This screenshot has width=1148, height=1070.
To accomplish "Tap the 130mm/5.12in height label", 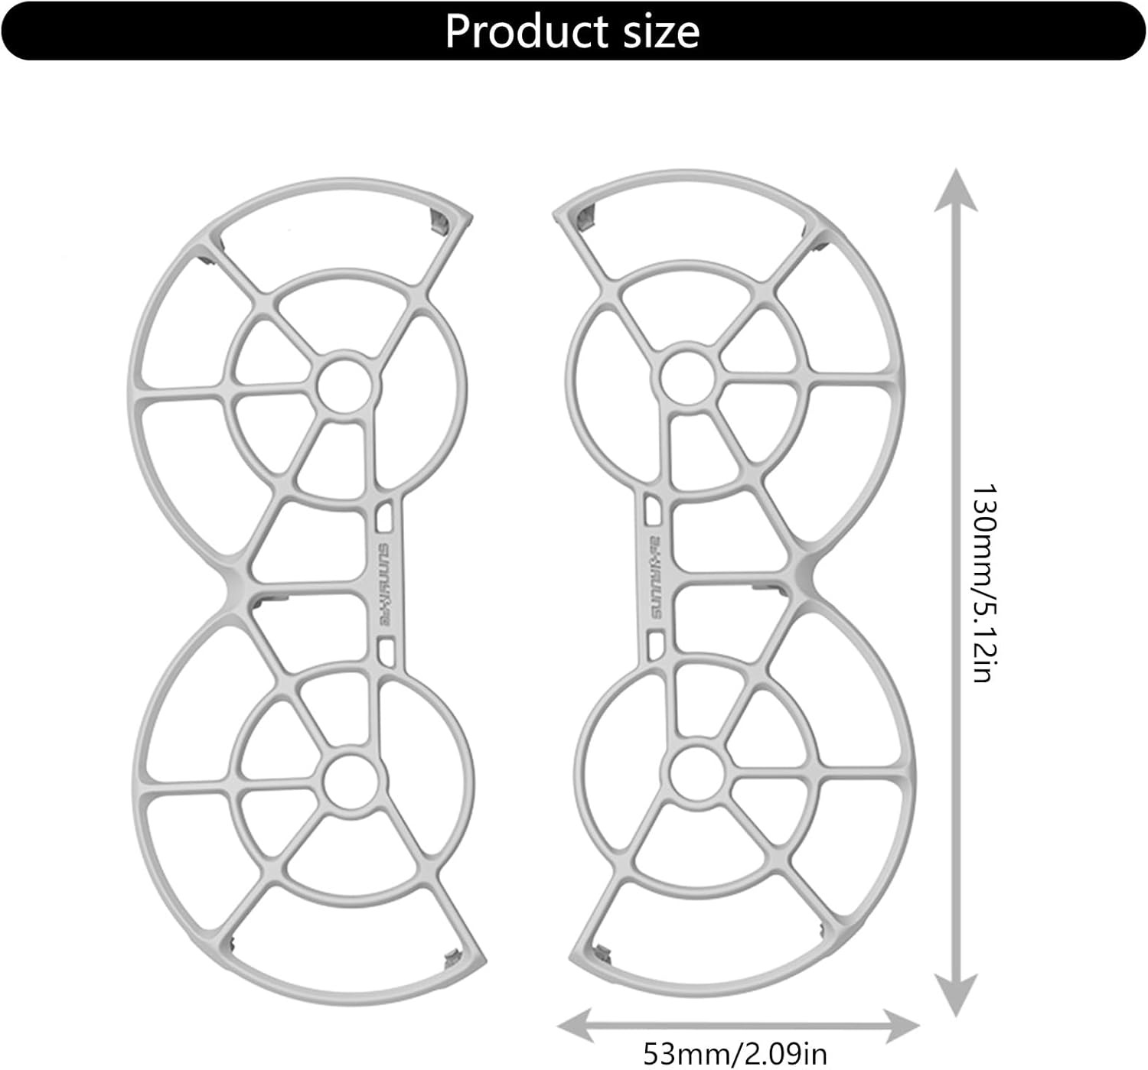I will click(983, 582).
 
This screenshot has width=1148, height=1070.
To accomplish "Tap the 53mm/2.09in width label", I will click(734, 1053).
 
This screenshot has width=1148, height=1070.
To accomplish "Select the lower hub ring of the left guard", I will click(352, 781).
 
